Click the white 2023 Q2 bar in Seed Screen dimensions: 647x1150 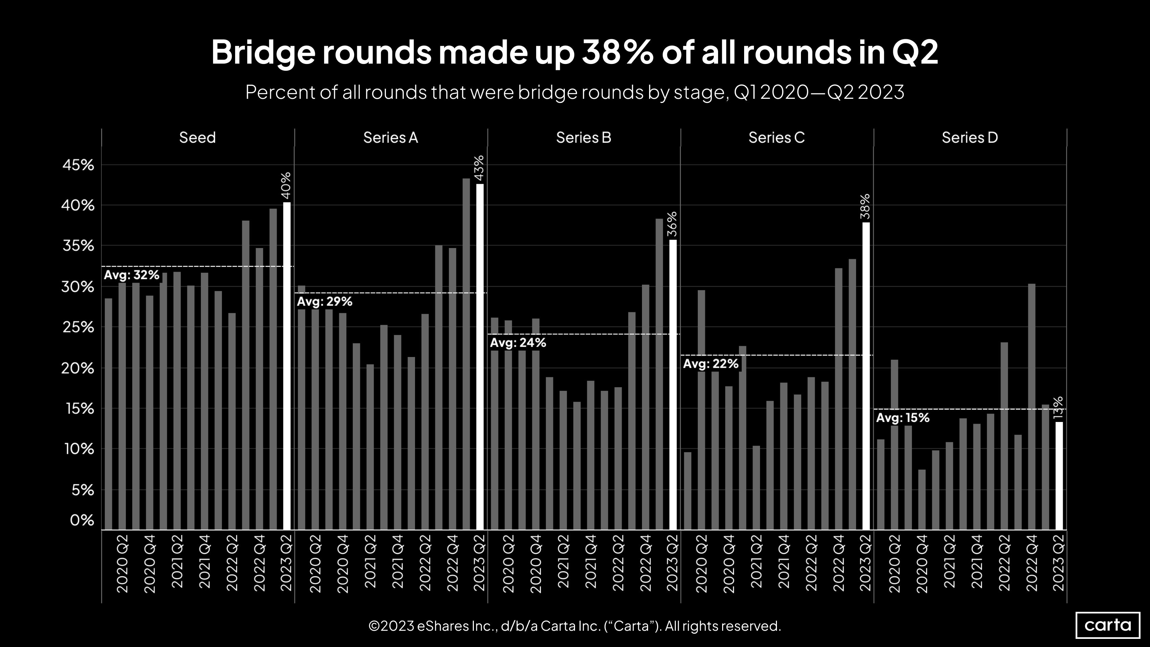[286, 366]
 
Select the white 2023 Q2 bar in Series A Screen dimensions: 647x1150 [480, 357]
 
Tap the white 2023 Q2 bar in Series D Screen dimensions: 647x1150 [1058, 475]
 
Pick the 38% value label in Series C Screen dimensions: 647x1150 [865, 206]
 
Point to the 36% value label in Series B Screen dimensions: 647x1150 [672, 224]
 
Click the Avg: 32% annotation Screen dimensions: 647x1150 [132, 275]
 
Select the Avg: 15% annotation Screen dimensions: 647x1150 [903, 418]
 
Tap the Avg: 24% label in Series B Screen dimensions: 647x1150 [518, 343]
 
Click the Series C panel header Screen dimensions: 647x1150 [776, 137]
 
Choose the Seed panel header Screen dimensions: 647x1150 [197, 137]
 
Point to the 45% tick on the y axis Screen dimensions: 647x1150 [78, 165]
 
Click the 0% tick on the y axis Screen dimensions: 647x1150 [82, 520]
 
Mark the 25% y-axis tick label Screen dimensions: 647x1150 [78, 327]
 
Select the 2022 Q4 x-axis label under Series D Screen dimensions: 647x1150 [1032, 563]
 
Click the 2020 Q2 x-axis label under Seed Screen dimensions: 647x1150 [122, 563]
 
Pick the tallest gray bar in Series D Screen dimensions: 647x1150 [1031, 406]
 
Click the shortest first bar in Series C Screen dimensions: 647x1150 [688, 491]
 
